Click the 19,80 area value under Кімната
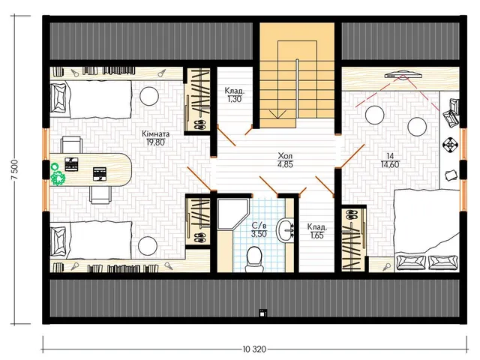pyautogui.click(x=155, y=142)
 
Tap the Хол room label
pyautogui.click(x=285, y=155)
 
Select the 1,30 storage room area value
pyautogui.click(x=235, y=99)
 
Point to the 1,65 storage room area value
pyautogui.click(x=316, y=235)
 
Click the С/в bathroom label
pyautogui.click(x=259, y=226)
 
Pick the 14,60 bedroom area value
pyautogui.click(x=390, y=164)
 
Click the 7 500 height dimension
pyautogui.click(x=16, y=170)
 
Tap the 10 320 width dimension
pyautogui.click(x=254, y=349)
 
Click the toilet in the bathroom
pyautogui.click(x=254, y=259)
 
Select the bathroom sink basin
pyautogui.click(x=286, y=230)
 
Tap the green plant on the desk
pyautogui.click(x=57, y=175)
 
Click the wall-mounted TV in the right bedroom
pyautogui.click(x=403, y=75)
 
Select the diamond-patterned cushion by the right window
pyautogui.click(x=451, y=145)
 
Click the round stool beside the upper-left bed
pyautogui.click(x=149, y=96)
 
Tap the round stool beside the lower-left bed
pyautogui.click(x=148, y=246)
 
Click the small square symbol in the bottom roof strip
pyautogui.click(x=262, y=313)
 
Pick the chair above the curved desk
pyautogui.click(x=71, y=145)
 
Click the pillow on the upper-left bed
pyautogui.click(x=58, y=98)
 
